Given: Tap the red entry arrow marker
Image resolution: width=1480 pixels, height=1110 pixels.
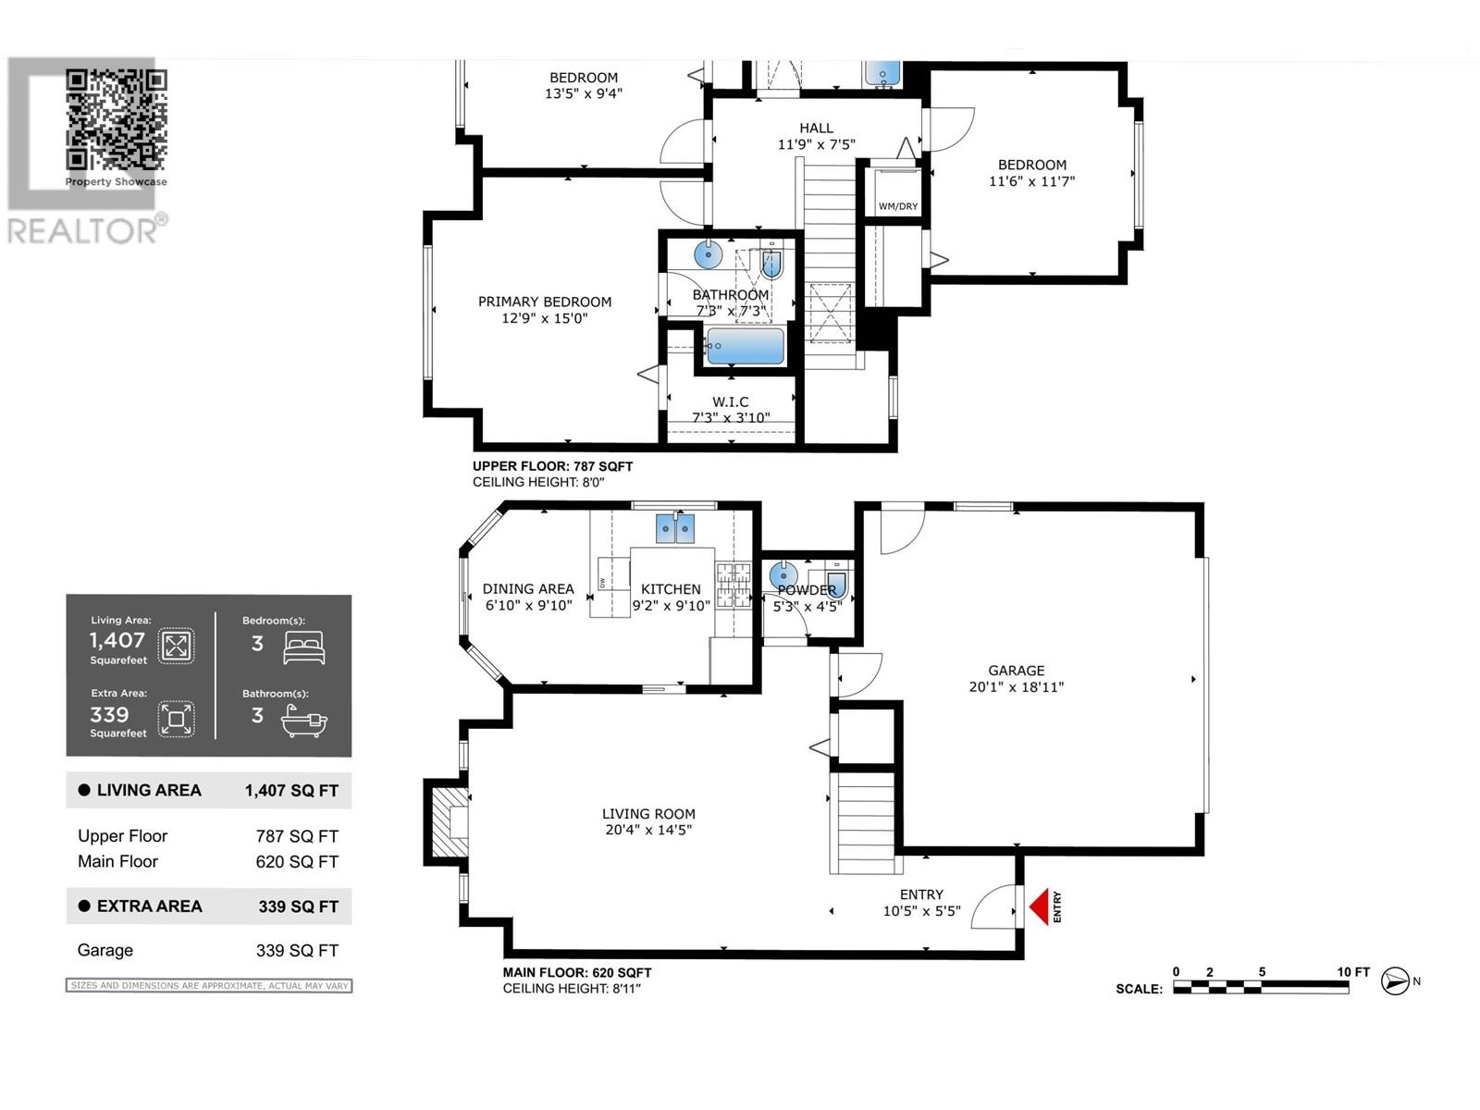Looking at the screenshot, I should point(1040,906).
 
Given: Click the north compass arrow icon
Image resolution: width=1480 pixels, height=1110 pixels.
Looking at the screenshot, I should point(1395,980).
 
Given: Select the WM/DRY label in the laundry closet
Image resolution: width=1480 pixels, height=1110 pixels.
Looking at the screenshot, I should point(897,205).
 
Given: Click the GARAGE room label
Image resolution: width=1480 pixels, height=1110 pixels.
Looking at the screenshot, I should point(1016,671).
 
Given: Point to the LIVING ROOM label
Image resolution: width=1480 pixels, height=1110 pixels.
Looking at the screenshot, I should point(648,814).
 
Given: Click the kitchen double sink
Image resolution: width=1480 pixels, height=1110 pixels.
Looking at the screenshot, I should point(675,528).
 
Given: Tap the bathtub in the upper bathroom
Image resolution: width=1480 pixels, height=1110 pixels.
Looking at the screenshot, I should point(746,347).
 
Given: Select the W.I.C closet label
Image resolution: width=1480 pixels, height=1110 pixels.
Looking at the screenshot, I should point(730,401).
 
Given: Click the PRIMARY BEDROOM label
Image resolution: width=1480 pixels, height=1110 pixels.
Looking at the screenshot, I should point(544,302).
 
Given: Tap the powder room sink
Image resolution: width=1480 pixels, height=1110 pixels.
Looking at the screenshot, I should point(783,575).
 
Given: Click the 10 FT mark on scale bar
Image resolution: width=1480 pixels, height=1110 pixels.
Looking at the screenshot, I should point(1352,971).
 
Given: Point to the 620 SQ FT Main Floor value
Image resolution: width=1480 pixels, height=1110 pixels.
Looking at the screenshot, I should point(297,861).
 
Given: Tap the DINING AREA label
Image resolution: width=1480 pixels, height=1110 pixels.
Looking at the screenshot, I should point(528,588).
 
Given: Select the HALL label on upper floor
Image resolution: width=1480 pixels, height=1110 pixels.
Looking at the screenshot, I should point(816,129).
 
